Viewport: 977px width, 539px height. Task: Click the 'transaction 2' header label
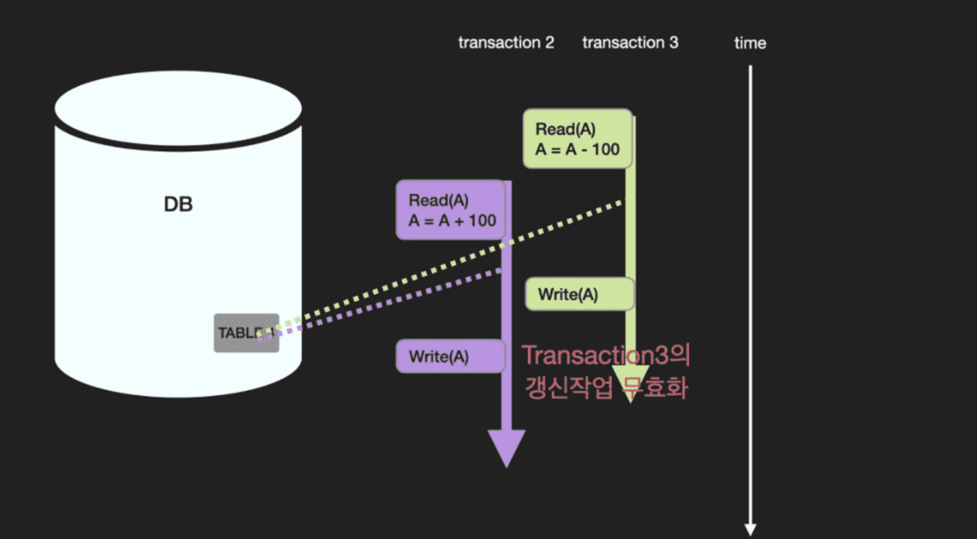pos(506,43)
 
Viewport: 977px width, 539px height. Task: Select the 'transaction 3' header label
pos(630,43)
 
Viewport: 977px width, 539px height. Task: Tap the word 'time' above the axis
pos(749,43)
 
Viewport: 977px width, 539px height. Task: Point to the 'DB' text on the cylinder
pos(178,204)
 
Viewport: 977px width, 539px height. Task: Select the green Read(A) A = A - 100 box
pos(577,139)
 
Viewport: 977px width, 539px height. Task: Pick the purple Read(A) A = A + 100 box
pos(450,210)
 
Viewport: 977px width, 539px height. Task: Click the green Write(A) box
pos(579,294)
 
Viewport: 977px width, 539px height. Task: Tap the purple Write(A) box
pos(450,356)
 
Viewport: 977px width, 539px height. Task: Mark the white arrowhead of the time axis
pos(750,529)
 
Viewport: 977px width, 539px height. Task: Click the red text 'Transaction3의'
pos(605,355)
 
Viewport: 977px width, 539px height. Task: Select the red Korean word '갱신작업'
pos(568,388)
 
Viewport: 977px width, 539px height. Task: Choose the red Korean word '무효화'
pos(655,388)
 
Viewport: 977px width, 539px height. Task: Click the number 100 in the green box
pos(605,149)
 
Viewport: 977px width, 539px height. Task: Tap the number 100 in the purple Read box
pos(482,220)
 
